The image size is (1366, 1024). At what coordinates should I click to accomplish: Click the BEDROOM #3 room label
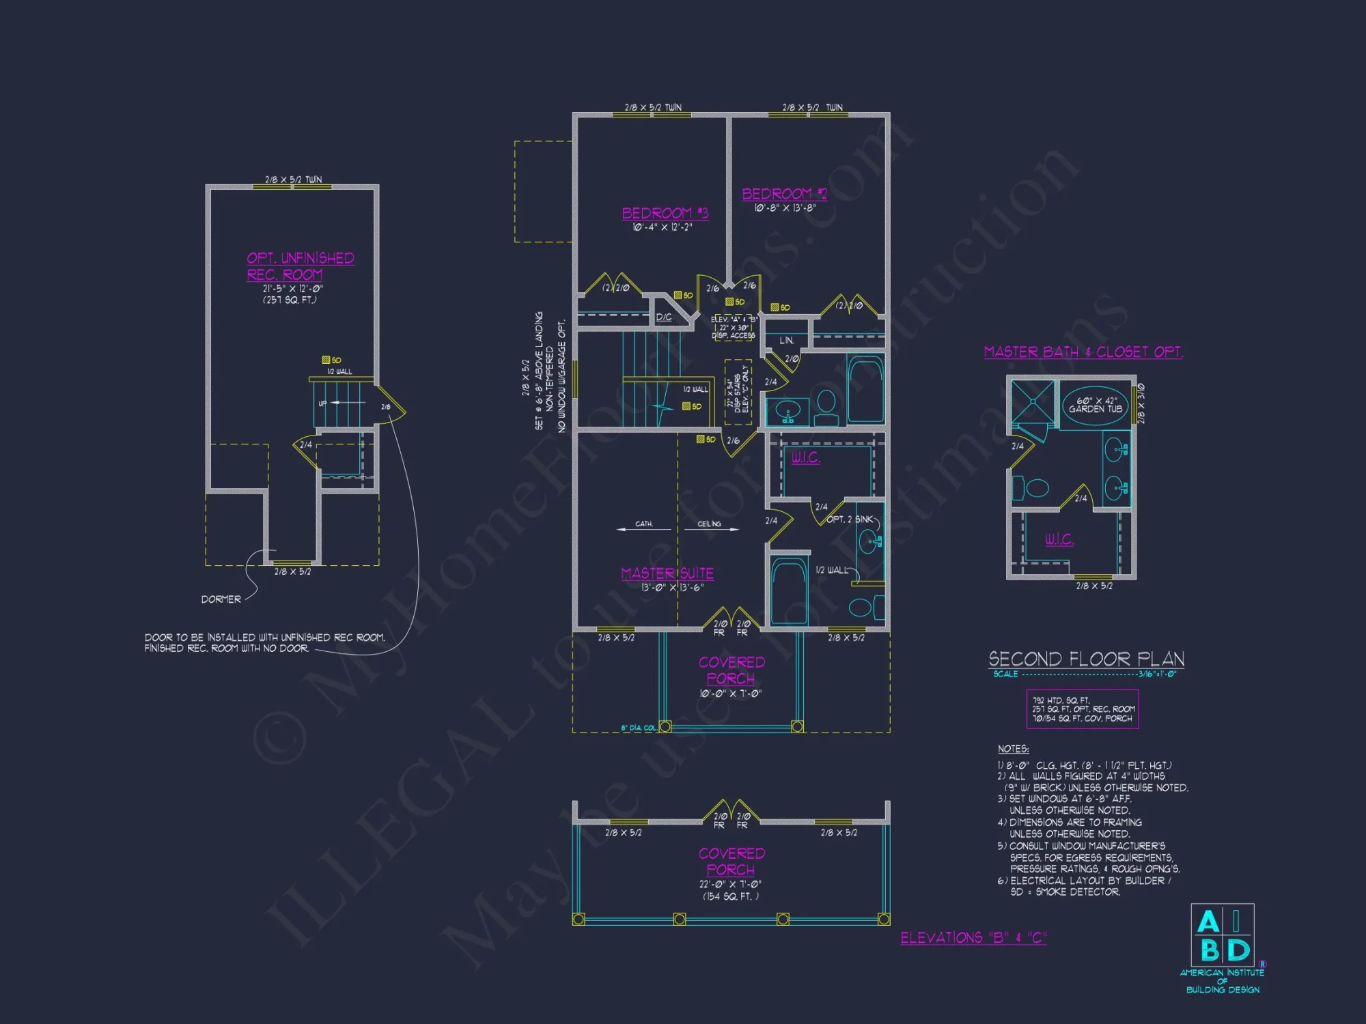coord(665,213)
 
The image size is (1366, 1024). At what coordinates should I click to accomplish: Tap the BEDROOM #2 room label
coord(784,194)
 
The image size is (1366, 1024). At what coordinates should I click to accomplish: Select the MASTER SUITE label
coord(667,573)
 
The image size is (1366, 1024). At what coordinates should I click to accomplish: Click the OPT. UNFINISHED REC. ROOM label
coord(300,266)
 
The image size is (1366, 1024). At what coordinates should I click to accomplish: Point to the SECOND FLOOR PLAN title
coord(1086,659)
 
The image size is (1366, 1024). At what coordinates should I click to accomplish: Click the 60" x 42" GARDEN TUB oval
coord(1096,406)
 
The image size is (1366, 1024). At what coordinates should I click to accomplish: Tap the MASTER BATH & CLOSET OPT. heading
coord(1083,352)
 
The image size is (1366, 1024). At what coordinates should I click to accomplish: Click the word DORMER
coord(221,599)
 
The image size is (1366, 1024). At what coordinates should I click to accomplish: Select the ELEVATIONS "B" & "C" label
coord(973,937)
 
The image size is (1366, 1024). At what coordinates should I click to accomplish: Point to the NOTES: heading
coord(1013,749)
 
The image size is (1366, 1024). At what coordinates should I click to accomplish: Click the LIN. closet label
coord(787,340)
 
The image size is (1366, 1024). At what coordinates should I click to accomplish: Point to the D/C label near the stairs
coord(663,317)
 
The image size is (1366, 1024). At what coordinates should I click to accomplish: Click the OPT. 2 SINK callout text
coord(850,520)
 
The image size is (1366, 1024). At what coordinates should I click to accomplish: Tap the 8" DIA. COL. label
coord(638,728)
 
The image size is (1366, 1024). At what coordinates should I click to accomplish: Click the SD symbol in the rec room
coord(331,360)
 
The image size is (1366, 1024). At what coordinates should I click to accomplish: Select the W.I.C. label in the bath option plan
coord(1059,539)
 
